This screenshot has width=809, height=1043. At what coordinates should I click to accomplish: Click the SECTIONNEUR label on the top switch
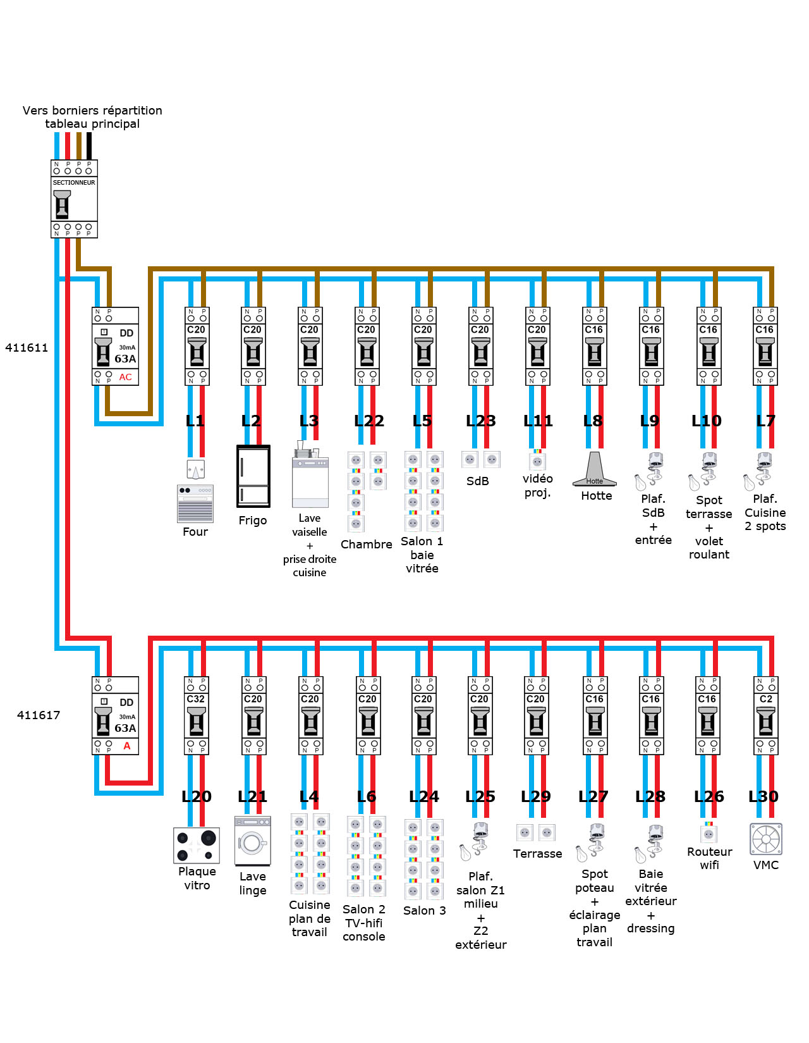tap(74, 183)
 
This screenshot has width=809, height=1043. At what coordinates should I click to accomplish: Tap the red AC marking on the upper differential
tap(126, 377)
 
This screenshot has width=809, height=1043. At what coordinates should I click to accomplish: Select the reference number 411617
tap(39, 715)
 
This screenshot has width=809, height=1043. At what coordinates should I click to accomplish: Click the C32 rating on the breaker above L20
tap(196, 699)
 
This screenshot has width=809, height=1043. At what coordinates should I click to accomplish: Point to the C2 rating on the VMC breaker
tap(766, 699)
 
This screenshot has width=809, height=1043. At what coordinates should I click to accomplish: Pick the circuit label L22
tap(369, 421)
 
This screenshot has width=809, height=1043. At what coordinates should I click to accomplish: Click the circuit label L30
tap(763, 796)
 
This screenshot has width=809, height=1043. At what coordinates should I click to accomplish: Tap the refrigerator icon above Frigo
tap(253, 476)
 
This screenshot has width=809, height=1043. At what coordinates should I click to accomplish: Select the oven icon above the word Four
tap(195, 503)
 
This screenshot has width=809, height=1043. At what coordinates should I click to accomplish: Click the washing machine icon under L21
tap(253, 841)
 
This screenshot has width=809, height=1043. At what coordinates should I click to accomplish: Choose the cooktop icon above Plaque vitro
tap(197, 846)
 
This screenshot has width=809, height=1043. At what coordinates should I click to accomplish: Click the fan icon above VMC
tap(766, 839)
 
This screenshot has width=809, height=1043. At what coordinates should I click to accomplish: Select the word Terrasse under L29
tap(538, 854)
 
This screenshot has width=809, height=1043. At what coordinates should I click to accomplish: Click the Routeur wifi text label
tap(710, 858)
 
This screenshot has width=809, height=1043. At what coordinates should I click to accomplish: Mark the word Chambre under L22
tap(367, 545)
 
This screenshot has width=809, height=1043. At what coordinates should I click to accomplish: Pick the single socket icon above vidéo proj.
tap(537, 460)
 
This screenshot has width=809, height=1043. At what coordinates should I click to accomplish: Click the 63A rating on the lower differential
tap(125, 728)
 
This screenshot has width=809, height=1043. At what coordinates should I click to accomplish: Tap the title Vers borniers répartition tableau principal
tap(92, 117)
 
